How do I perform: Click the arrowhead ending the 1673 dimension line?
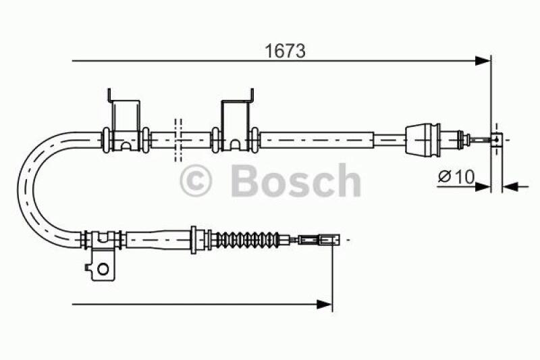[483, 61]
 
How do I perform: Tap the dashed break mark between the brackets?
[178, 140]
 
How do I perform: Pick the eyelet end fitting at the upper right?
[497, 140]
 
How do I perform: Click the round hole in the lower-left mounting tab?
[103, 268]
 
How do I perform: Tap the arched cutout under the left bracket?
[126, 145]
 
